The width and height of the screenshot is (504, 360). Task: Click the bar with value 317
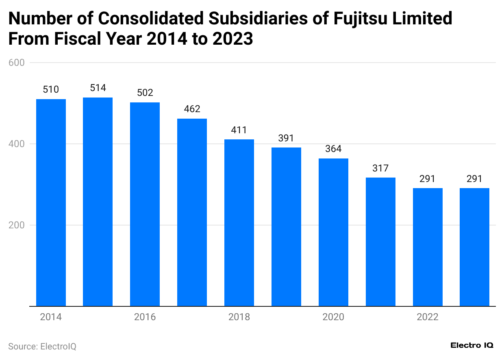click(380, 242)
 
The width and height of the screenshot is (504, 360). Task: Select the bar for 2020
click(333, 232)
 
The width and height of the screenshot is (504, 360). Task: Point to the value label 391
click(286, 138)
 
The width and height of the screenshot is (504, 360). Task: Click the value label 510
click(51, 90)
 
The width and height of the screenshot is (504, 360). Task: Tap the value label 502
click(145, 93)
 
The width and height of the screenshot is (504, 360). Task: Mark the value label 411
click(239, 130)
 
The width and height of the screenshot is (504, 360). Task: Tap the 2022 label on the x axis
click(428, 317)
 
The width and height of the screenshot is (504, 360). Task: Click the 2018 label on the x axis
click(239, 317)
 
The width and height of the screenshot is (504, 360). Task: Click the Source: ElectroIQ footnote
click(42, 347)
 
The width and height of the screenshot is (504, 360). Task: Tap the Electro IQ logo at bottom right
click(472, 345)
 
